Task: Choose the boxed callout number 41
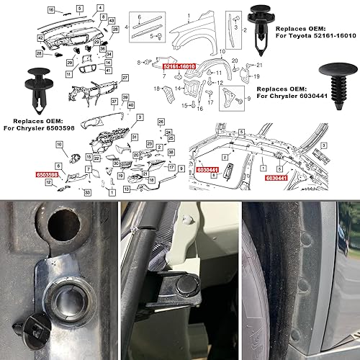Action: tap(108, 71)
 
